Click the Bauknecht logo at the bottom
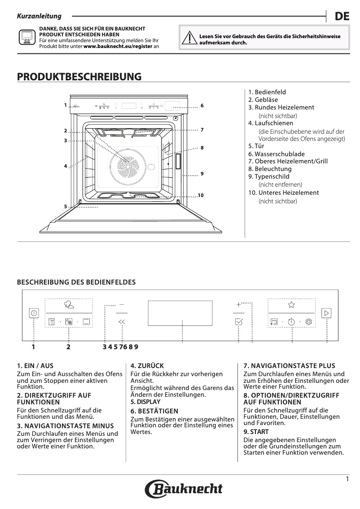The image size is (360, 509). click(183, 488)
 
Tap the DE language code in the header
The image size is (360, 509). click(342, 17)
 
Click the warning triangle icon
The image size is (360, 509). click(192, 39)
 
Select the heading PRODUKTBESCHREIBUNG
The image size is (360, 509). click(79, 77)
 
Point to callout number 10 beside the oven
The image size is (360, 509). click(201, 195)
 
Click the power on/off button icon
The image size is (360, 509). click(34, 313)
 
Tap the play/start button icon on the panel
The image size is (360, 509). click(326, 313)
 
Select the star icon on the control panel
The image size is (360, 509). click(291, 304)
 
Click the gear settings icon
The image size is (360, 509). click(309, 321)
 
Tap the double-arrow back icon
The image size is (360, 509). click(122, 321)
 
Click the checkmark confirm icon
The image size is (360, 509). click(239, 321)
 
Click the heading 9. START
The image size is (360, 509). click(256, 432)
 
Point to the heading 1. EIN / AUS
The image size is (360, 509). click(35, 366)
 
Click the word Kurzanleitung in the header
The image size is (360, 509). click(39, 16)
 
